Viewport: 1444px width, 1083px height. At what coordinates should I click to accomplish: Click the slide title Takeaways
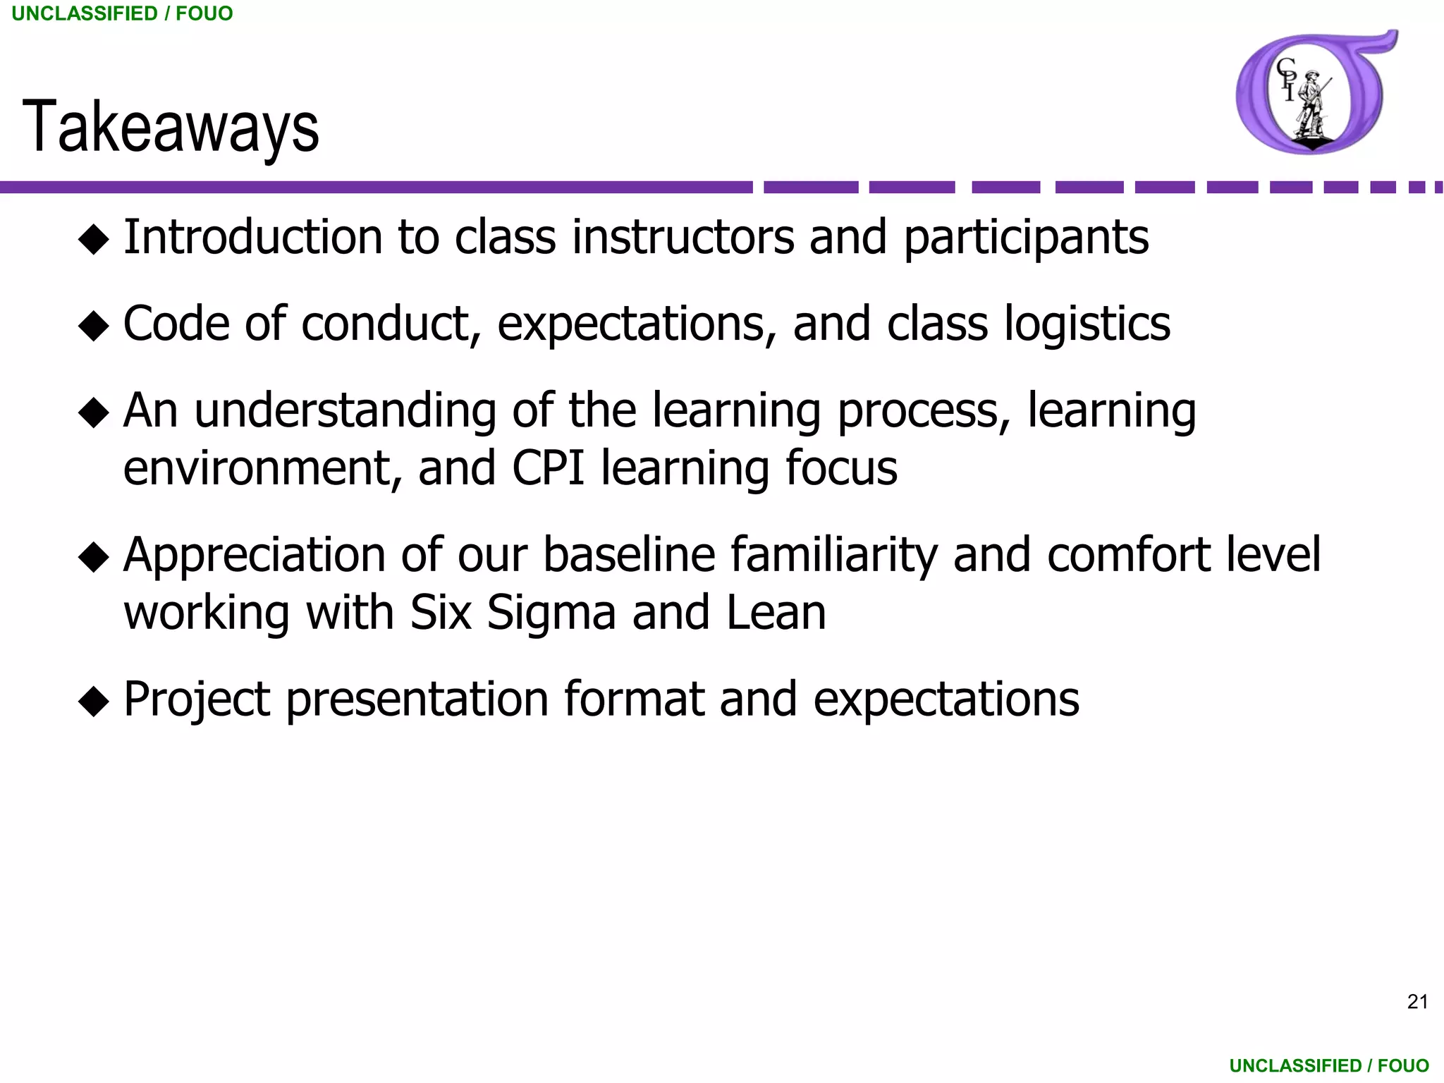point(171,127)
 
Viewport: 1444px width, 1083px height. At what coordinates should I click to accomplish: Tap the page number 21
point(1417,1002)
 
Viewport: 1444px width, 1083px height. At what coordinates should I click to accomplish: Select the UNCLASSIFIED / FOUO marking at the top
point(122,13)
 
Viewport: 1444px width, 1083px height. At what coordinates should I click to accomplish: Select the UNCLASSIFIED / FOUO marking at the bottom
point(1329,1065)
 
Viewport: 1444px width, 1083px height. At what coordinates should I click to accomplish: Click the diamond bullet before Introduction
point(94,240)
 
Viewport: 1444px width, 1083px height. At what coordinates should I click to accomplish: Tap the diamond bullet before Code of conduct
point(94,326)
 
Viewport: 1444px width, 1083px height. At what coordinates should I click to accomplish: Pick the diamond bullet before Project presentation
point(94,702)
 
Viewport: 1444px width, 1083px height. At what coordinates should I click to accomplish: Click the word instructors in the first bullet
point(683,237)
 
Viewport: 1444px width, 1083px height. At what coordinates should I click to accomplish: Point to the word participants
point(1026,238)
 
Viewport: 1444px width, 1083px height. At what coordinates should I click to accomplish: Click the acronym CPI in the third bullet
point(548,468)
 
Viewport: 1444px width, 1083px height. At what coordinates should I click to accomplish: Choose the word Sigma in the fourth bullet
point(551,613)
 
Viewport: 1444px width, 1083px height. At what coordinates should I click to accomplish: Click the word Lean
point(776,613)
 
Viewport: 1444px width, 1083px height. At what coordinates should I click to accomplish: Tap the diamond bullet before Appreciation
point(94,558)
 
